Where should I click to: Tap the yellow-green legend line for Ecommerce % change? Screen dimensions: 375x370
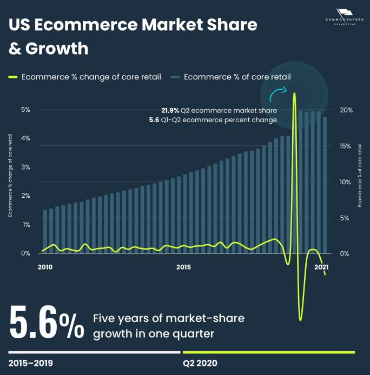[13, 77]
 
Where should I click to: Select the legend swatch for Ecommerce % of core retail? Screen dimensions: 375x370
[175, 77]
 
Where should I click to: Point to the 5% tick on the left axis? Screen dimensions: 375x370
[25, 110]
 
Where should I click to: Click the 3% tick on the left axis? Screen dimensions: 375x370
[25, 167]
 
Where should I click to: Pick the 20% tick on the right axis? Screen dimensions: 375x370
[346, 110]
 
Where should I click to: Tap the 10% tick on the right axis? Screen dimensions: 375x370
[346, 182]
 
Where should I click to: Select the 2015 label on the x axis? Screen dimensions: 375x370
[183, 267]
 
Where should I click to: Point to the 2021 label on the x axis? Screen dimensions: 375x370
[321, 267]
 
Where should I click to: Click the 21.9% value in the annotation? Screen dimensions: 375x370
[171, 111]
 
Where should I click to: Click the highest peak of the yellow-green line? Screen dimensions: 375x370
[294, 93]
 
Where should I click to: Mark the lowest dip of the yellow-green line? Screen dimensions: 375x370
[300, 320]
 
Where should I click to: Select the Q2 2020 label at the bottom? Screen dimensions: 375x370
[200, 363]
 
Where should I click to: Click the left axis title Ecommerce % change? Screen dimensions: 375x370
[10, 176]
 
